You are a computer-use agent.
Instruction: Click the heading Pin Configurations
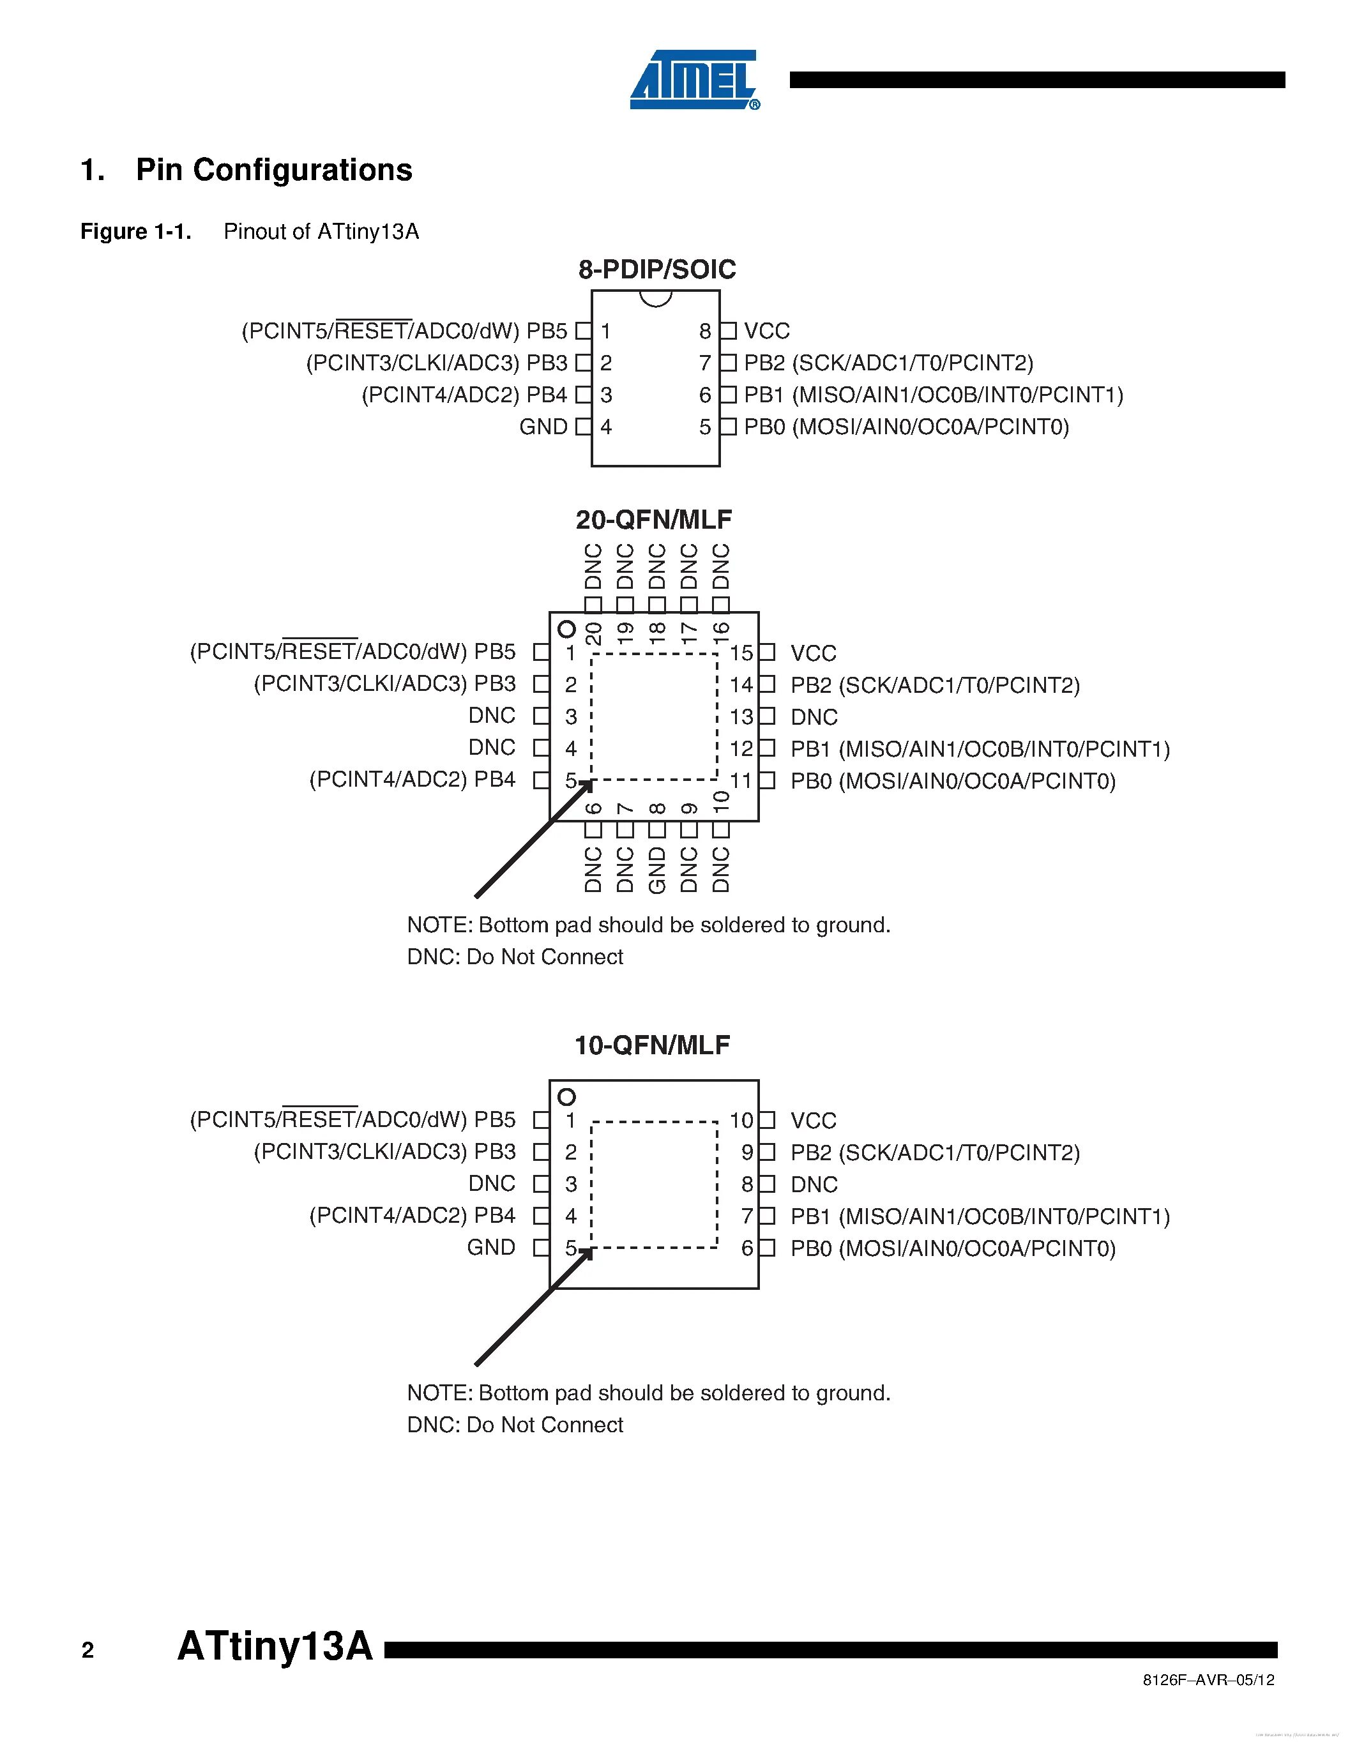[x=273, y=170]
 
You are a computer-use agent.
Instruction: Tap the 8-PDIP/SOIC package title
[x=657, y=269]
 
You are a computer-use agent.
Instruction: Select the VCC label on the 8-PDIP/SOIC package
[x=766, y=331]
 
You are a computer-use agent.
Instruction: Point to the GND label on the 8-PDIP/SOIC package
[x=543, y=427]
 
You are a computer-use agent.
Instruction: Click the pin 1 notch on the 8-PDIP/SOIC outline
[x=655, y=298]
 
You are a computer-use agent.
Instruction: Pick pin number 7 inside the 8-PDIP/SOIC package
[x=705, y=363]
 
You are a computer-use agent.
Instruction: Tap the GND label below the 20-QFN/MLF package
[x=657, y=870]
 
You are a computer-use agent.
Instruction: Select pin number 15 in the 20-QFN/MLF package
[x=740, y=653]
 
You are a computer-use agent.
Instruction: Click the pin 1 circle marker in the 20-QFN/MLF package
[x=567, y=629]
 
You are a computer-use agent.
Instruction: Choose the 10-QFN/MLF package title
[x=652, y=1045]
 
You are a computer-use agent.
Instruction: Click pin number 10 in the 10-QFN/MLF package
[x=740, y=1120]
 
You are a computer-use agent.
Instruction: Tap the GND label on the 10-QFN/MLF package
[x=491, y=1248]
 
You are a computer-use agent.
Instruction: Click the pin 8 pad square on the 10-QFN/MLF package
[x=768, y=1183]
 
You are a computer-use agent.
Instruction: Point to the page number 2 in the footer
[x=87, y=1651]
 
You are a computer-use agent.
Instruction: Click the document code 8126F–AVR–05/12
[x=1208, y=1679]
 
